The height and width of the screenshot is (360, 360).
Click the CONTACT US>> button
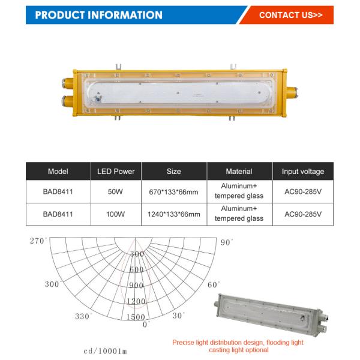click(290, 15)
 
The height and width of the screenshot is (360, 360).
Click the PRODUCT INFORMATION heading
click(99, 15)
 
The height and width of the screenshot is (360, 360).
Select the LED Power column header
click(116, 172)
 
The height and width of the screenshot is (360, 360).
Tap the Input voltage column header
click(303, 172)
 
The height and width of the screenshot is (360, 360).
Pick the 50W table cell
click(116, 192)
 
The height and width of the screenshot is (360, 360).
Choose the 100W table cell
click(116, 214)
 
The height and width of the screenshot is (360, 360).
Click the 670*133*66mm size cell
click(174, 193)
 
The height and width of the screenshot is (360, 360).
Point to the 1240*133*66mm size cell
click(174, 214)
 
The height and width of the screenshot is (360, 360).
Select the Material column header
click(239, 172)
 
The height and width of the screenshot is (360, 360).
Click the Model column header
click(58, 172)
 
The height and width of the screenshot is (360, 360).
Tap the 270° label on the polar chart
click(38, 241)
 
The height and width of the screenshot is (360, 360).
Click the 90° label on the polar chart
click(226, 242)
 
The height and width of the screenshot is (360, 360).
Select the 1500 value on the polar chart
click(136, 316)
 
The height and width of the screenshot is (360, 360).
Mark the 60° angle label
click(214, 284)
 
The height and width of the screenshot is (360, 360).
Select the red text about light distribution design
click(238, 346)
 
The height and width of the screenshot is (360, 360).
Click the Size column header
click(174, 172)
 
